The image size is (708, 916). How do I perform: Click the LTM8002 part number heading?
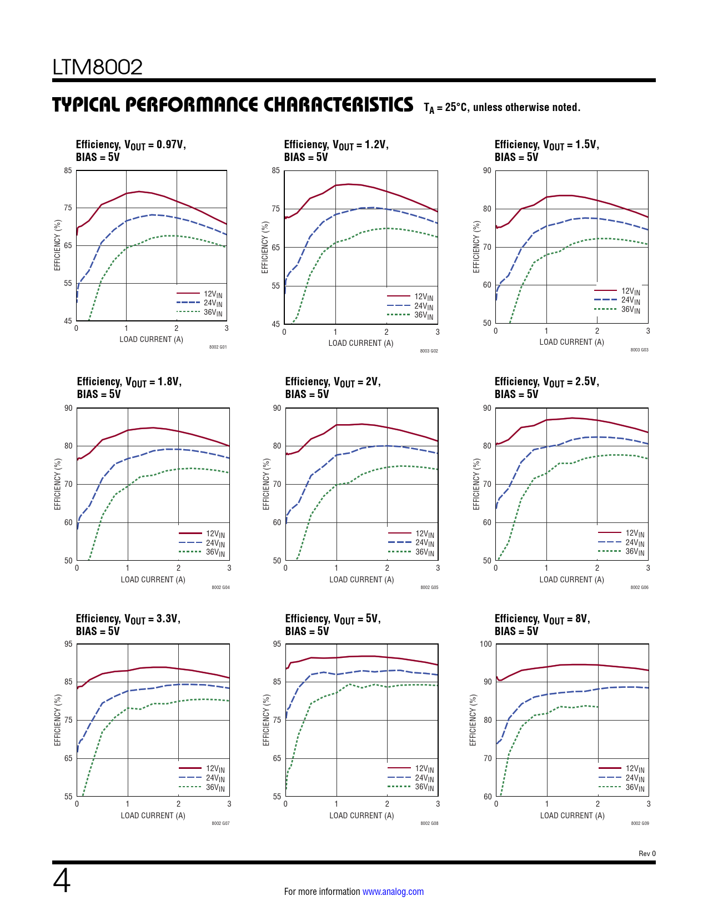coord(97,67)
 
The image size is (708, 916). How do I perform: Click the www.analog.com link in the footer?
coord(393,892)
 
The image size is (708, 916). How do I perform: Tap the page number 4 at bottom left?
coord(62,881)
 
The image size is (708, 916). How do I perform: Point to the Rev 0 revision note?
coord(647,854)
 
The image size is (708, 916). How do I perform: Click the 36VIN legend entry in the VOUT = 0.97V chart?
coord(213,313)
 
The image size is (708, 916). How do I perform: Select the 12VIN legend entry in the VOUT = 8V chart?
coord(635,769)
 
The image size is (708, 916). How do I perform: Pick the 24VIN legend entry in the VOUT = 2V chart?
coord(424,543)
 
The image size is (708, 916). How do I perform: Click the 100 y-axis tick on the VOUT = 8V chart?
coord(486,644)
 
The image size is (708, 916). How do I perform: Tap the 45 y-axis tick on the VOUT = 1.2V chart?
coord(276,324)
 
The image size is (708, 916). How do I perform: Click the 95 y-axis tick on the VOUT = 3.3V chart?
coord(68,644)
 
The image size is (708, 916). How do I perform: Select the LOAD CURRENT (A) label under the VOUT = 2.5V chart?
coord(571,580)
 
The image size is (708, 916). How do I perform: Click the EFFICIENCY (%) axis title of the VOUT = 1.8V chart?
coord(58,484)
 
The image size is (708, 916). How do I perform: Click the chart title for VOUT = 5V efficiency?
coord(333,625)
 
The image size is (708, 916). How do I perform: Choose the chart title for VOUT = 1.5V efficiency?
coord(546,150)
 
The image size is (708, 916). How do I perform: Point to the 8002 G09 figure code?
coord(640,823)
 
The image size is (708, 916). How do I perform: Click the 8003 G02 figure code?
coord(429,351)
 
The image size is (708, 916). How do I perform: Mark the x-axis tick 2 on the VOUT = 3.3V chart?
coord(178,804)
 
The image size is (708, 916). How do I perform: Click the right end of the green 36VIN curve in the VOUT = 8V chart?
coord(597,707)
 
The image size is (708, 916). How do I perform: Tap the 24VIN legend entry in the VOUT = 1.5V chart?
coord(630,300)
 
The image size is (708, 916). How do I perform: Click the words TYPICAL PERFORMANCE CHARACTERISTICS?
coord(233,105)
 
